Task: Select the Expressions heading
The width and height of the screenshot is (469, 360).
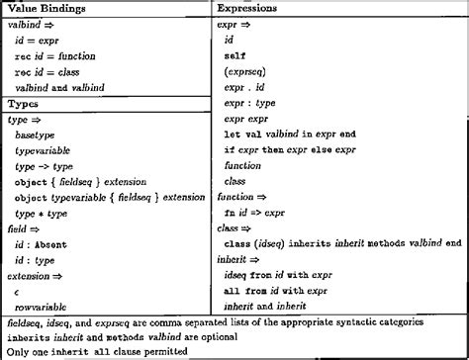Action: (249, 8)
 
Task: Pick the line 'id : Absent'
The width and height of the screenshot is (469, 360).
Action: (45, 242)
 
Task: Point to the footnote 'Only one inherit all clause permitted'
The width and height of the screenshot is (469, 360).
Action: (97, 351)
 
